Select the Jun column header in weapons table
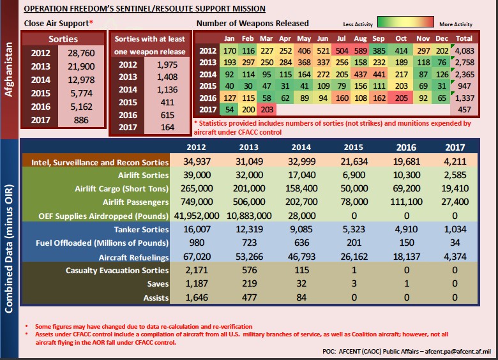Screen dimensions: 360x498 point(323,37)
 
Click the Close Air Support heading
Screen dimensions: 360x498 point(57,23)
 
